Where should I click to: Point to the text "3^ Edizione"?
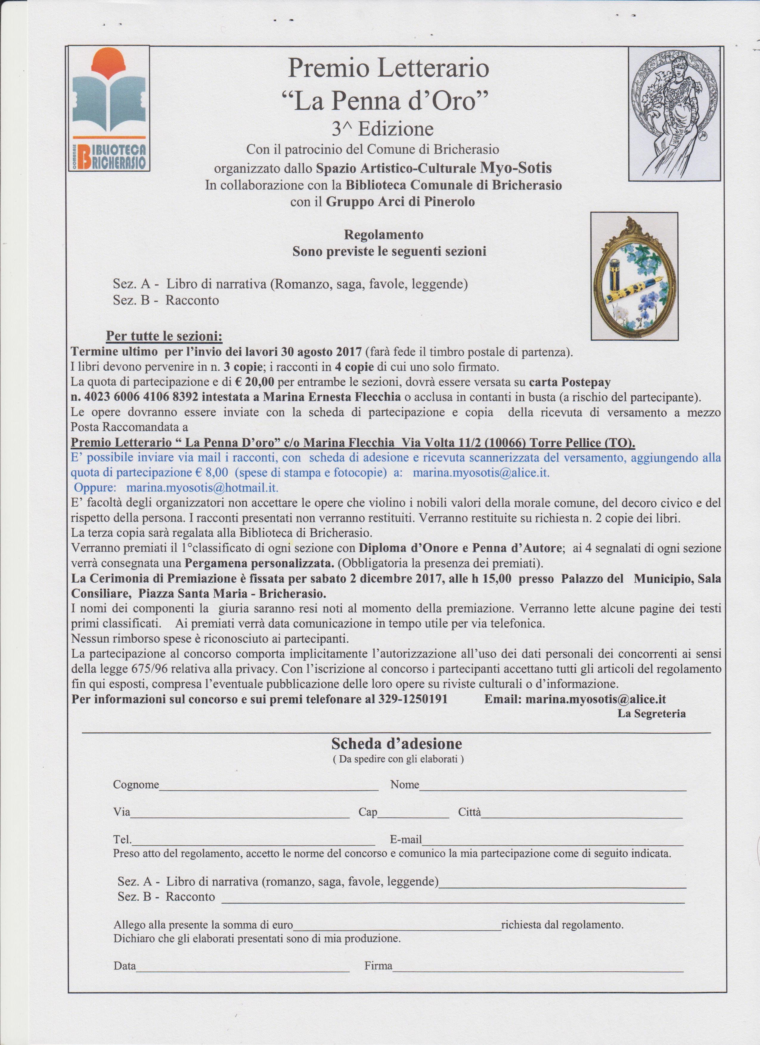[x=383, y=130]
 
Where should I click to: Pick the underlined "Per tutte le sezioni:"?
[x=165, y=336]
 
